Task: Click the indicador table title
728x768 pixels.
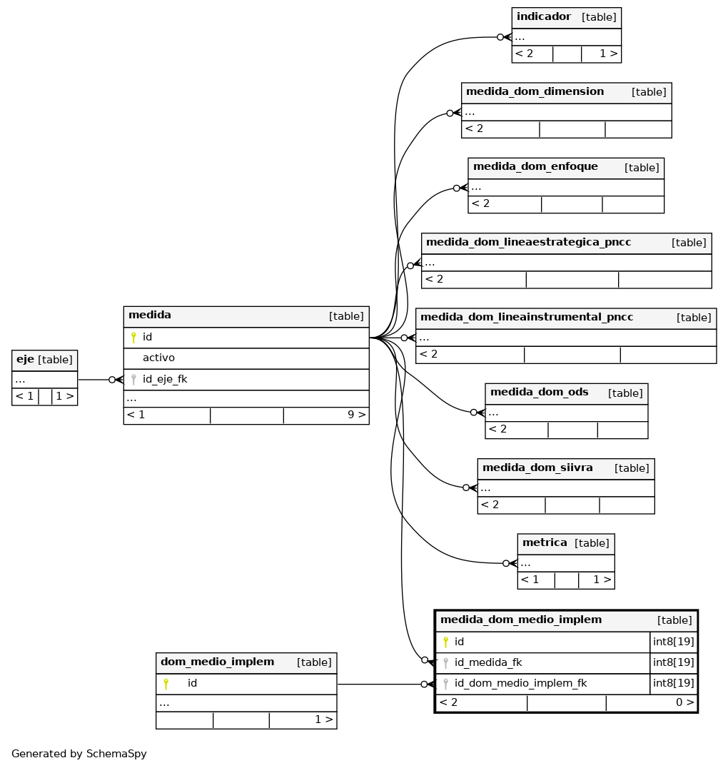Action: pyautogui.click(x=543, y=16)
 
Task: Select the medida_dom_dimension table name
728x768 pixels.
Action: pyautogui.click(x=535, y=91)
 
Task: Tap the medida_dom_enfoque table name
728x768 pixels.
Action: pyautogui.click(x=535, y=166)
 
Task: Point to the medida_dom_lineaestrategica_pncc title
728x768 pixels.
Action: pyautogui.click(x=528, y=242)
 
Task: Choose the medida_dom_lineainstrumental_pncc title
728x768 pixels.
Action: pyautogui.click(x=527, y=317)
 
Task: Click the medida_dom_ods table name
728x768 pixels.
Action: pyautogui.click(x=539, y=392)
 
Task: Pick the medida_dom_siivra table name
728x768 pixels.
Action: pyautogui.click(x=537, y=468)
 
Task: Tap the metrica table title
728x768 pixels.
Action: pyautogui.click(x=545, y=542)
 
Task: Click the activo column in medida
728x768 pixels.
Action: pyautogui.click(x=158, y=358)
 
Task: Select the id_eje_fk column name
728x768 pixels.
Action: pyautogui.click(x=165, y=379)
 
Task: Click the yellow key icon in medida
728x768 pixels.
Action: pyautogui.click(x=133, y=337)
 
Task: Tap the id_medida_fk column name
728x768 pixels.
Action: pyautogui.click(x=488, y=662)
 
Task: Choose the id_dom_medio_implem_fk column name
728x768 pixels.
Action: pyautogui.click(x=520, y=683)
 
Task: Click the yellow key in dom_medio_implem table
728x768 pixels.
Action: pyautogui.click(x=166, y=684)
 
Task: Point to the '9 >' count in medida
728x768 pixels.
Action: pyautogui.click(x=356, y=415)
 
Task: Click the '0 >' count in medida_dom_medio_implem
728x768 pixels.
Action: pyautogui.click(x=684, y=702)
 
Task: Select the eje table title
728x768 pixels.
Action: pyautogui.click(x=25, y=360)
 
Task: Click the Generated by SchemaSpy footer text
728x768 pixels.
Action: pyautogui.click(x=79, y=754)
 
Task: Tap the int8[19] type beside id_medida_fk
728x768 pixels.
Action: pyautogui.click(x=673, y=662)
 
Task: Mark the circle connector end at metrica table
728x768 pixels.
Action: pyautogui.click(x=506, y=563)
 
